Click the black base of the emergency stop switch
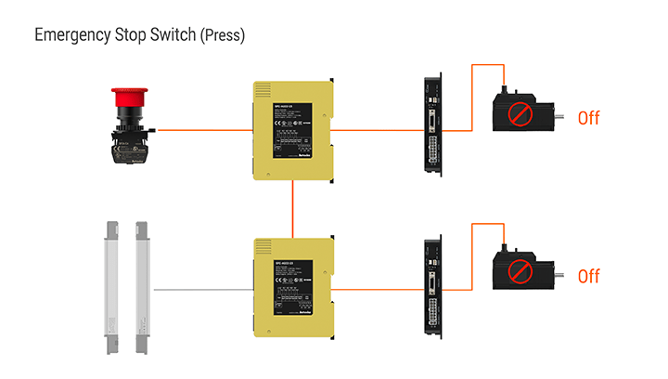[129, 146]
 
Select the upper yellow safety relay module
[291, 130]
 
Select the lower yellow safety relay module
[291, 288]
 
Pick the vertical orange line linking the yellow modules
[293, 209]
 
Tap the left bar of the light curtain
[110, 287]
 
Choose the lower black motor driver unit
[433, 288]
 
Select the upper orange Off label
[589, 118]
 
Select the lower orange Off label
[589, 276]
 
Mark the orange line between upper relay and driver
[376, 130]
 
